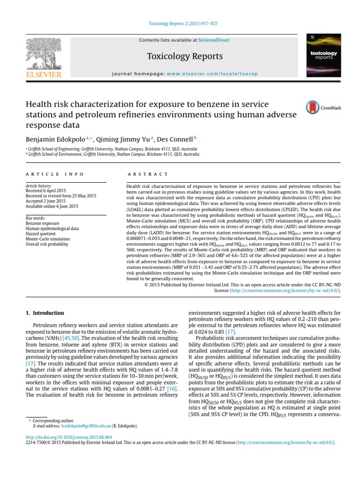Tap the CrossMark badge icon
point(313,108)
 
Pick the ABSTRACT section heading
point(148,174)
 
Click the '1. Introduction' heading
point(45,313)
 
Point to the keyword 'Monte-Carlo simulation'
point(47,239)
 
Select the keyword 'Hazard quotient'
point(41,233)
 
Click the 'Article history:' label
point(39,186)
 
